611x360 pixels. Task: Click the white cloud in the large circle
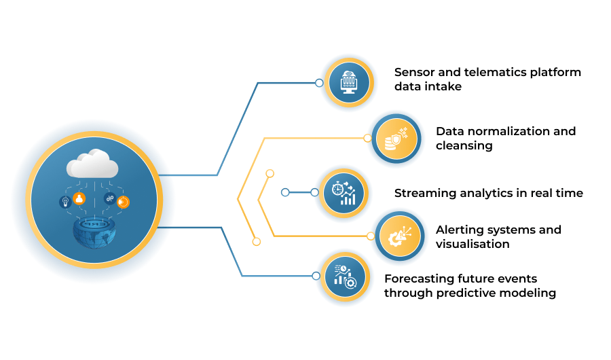point(92,164)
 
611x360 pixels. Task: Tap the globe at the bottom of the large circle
point(94,233)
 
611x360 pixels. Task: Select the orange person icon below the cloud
point(79,198)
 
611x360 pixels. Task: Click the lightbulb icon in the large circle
point(65,202)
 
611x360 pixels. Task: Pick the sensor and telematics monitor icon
point(349,83)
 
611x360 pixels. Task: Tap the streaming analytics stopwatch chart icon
point(344,193)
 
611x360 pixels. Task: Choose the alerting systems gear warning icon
point(399,236)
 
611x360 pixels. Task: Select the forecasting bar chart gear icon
point(345,276)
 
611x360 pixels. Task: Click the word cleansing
point(464,146)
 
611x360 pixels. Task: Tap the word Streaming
point(425,194)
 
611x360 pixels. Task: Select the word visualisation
point(473,244)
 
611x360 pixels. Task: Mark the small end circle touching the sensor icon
point(319,83)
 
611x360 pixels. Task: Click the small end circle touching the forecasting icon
point(316,276)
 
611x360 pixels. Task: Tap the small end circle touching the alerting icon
point(371,236)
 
